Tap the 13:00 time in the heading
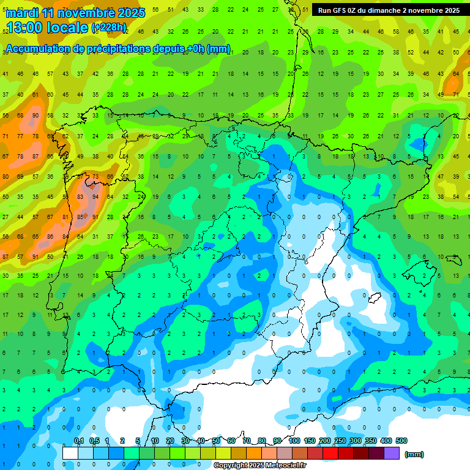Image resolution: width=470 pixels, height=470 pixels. click(x=26, y=28)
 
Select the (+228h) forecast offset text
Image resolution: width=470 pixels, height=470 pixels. click(x=108, y=28)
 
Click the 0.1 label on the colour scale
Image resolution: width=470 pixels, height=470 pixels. click(x=79, y=441)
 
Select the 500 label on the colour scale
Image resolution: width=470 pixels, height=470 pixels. click(x=401, y=441)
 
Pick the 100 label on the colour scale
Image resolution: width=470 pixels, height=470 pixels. click(x=294, y=441)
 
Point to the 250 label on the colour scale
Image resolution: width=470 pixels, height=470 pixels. click(x=340, y=441)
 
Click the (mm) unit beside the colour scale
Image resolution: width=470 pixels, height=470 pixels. click(x=414, y=454)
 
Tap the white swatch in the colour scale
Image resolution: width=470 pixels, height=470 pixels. click(x=70, y=453)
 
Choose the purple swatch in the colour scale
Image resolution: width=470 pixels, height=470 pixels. click(x=392, y=453)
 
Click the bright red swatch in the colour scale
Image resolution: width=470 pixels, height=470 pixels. click(x=330, y=453)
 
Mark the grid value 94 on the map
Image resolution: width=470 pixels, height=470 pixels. click(x=95, y=197)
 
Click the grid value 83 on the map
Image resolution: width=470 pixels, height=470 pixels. click(x=80, y=197)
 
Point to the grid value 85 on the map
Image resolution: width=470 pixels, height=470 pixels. click(x=80, y=217)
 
